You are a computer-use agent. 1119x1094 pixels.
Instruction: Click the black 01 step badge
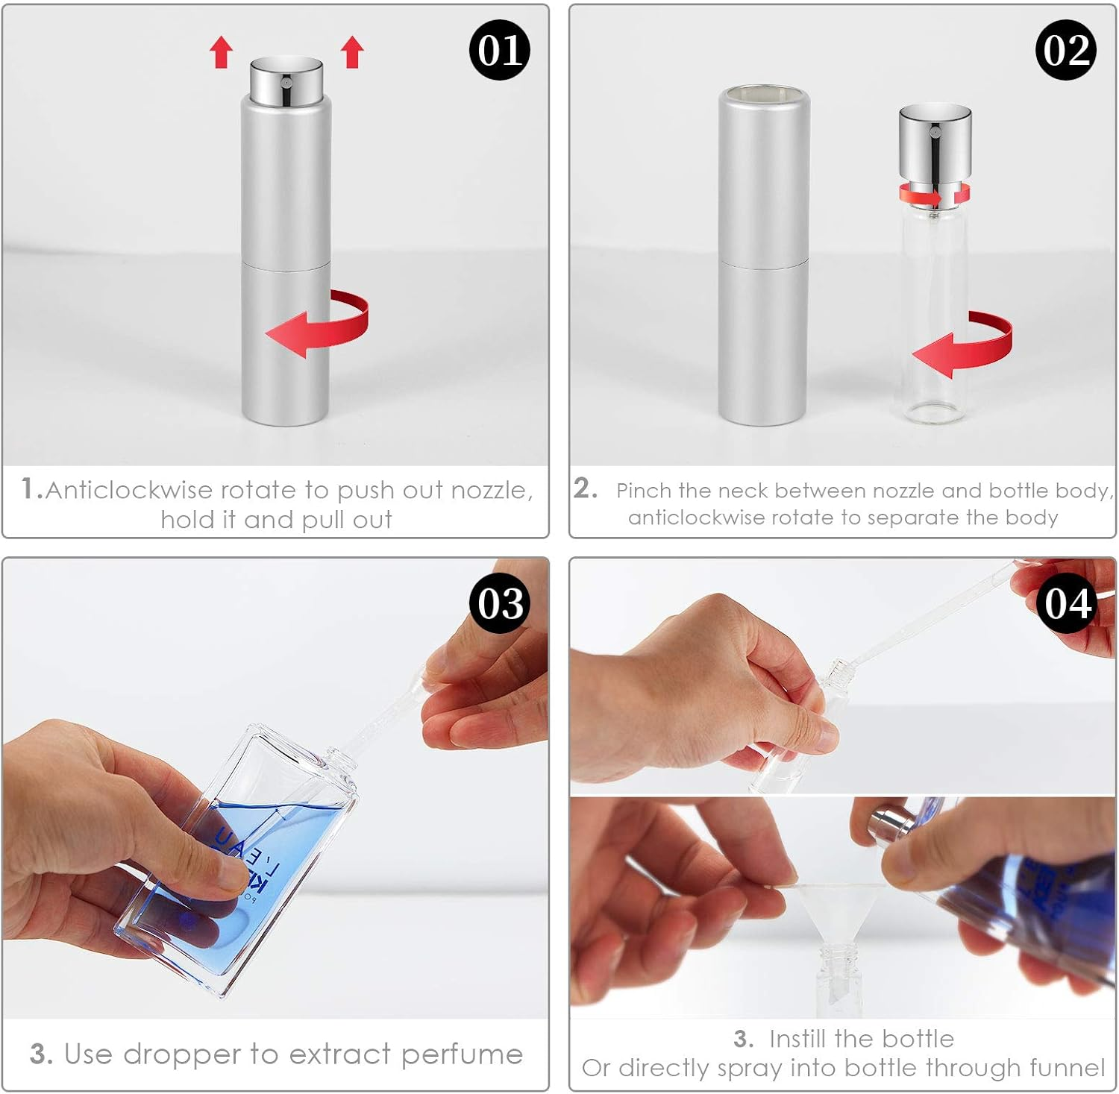click(x=499, y=50)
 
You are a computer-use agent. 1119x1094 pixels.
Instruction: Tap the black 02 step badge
click(x=1065, y=50)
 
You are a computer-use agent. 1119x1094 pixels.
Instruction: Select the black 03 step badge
click(x=499, y=603)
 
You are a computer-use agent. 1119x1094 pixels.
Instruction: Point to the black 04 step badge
click(x=1067, y=603)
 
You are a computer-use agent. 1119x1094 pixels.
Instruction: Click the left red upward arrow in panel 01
click(x=221, y=53)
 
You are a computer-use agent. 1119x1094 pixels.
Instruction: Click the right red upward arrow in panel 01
click(x=352, y=53)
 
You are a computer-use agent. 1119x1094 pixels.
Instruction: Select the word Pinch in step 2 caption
click(x=644, y=491)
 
